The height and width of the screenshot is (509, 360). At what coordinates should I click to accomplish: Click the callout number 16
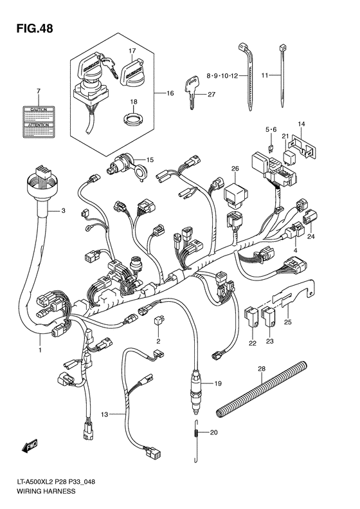click(x=170, y=94)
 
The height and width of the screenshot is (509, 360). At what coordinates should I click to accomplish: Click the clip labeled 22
click(x=253, y=316)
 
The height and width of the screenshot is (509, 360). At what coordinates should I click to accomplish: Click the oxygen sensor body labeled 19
click(x=197, y=389)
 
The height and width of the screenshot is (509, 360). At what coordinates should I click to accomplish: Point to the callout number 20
click(x=215, y=432)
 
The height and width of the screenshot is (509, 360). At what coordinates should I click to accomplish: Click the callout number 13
click(x=105, y=414)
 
